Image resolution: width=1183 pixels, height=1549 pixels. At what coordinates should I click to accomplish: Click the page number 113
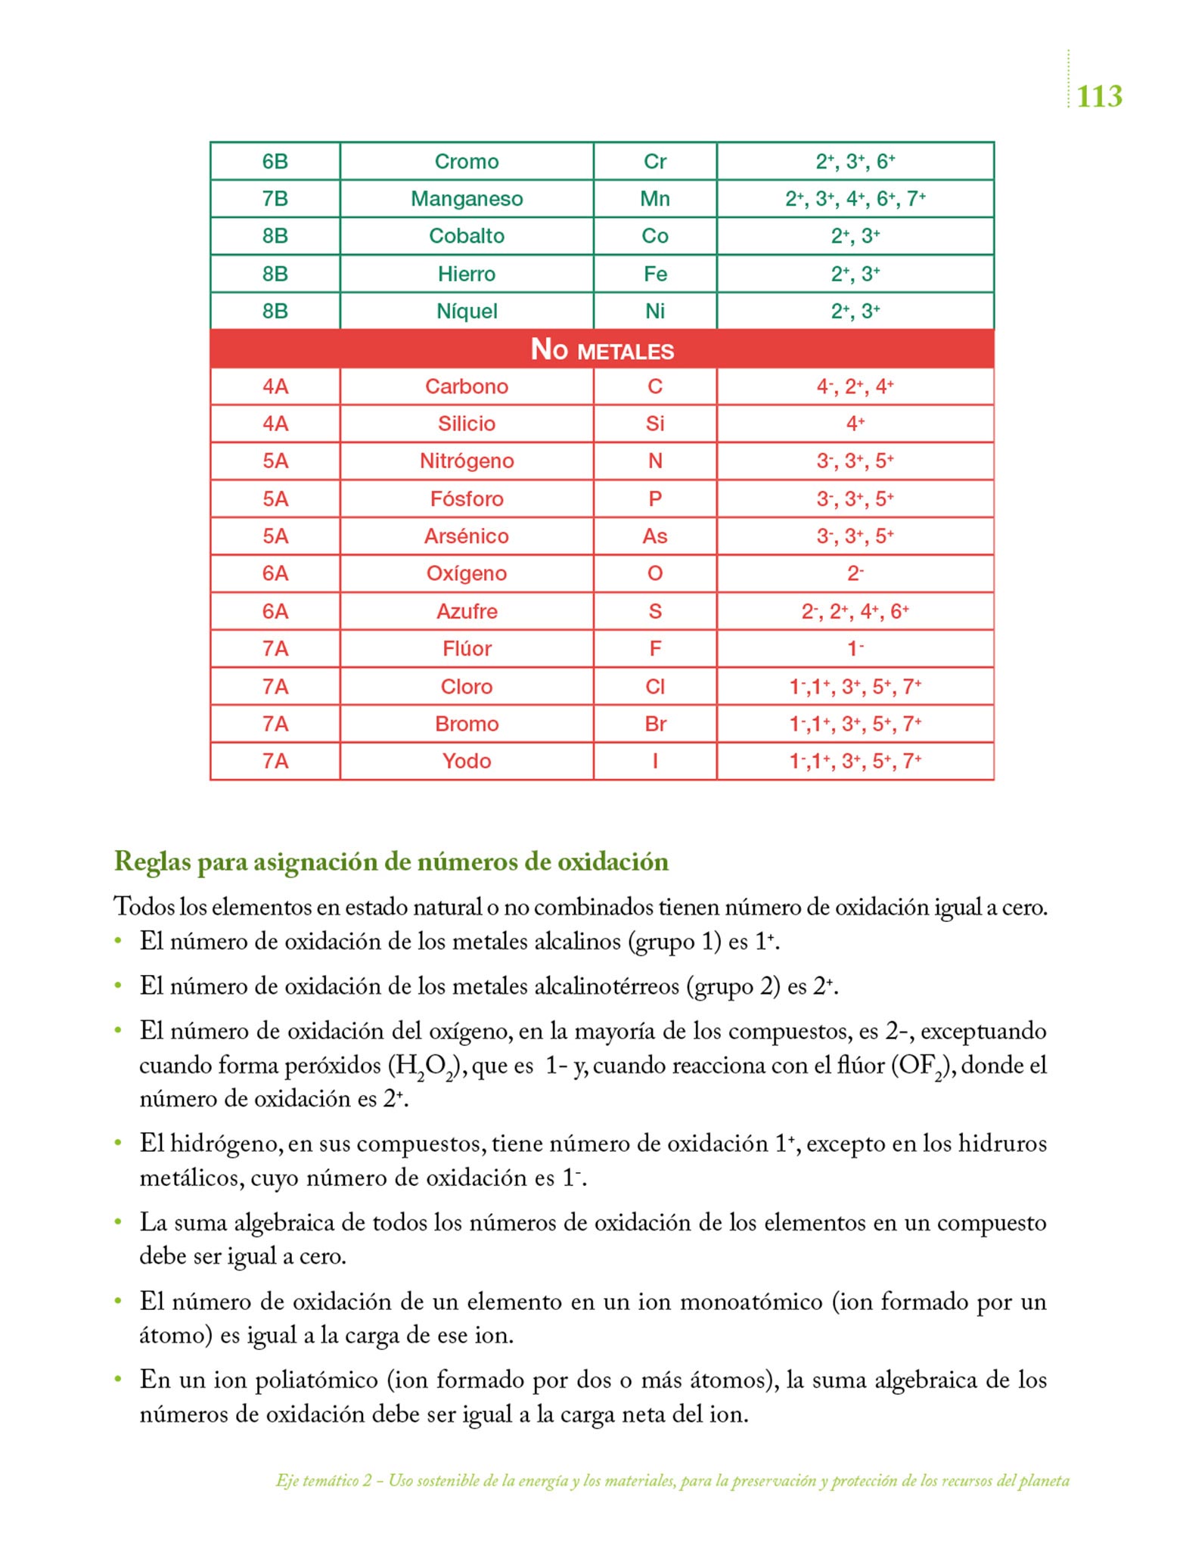coord(1098,97)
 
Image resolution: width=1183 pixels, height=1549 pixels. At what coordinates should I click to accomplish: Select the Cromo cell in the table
coord(466,161)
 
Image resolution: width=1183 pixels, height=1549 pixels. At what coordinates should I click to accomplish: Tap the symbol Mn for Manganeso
coord(654,199)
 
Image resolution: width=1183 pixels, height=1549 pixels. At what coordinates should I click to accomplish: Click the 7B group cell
coord(275,199)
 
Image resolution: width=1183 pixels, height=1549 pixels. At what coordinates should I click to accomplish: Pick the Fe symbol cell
coord(654,274)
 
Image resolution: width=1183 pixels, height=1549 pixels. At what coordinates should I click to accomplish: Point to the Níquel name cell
coord(466,311)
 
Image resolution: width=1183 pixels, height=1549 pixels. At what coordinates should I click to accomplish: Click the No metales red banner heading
coord(601,349)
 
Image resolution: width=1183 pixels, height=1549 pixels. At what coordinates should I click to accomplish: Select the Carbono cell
coord(466,386)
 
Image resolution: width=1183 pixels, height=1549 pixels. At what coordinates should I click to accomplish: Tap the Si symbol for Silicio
coord(654,424)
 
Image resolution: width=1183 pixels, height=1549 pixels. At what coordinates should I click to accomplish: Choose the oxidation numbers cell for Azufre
coord(855,611)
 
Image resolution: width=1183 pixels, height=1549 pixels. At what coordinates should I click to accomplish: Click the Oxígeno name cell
coord(466,573)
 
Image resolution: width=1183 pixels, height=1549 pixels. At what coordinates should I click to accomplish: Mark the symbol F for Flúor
coord(654,648)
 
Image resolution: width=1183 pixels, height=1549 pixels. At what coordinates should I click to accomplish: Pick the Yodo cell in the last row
coord(466,761)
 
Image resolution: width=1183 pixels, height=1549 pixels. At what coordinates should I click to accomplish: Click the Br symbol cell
coord(654,724)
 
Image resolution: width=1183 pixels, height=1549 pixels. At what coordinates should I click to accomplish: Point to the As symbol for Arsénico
coord(654,536)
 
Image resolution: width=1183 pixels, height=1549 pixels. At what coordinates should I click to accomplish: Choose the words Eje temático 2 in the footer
coord(324,1481)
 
